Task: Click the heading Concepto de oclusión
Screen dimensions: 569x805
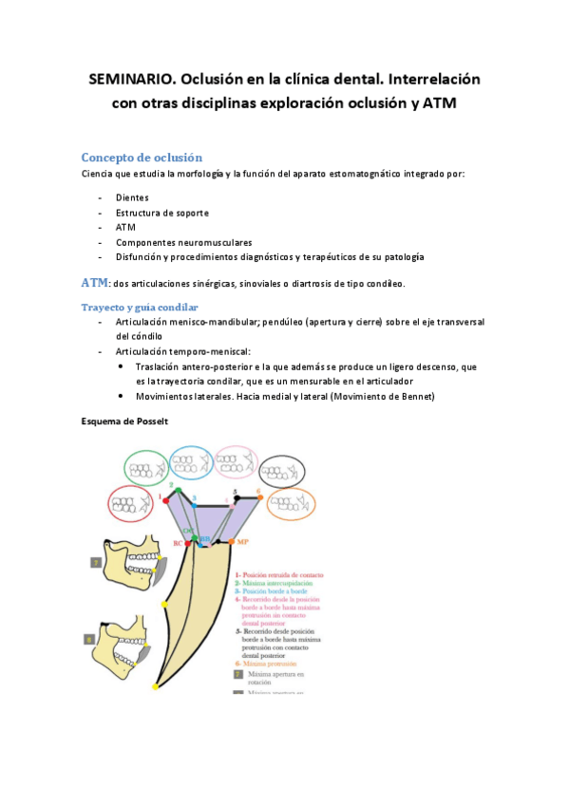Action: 142,158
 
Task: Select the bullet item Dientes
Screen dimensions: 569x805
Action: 132,197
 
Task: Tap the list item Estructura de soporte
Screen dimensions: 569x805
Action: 162,213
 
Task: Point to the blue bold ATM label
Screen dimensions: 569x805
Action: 95,283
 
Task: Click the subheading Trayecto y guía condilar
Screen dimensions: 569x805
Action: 140,308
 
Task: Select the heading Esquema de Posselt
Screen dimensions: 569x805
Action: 125,421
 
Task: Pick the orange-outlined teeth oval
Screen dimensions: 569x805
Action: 294,503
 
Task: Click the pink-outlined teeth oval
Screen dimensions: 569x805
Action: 237,462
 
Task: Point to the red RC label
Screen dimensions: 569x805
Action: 177,543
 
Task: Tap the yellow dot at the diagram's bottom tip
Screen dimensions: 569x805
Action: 156,685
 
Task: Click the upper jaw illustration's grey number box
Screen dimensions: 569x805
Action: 95,562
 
